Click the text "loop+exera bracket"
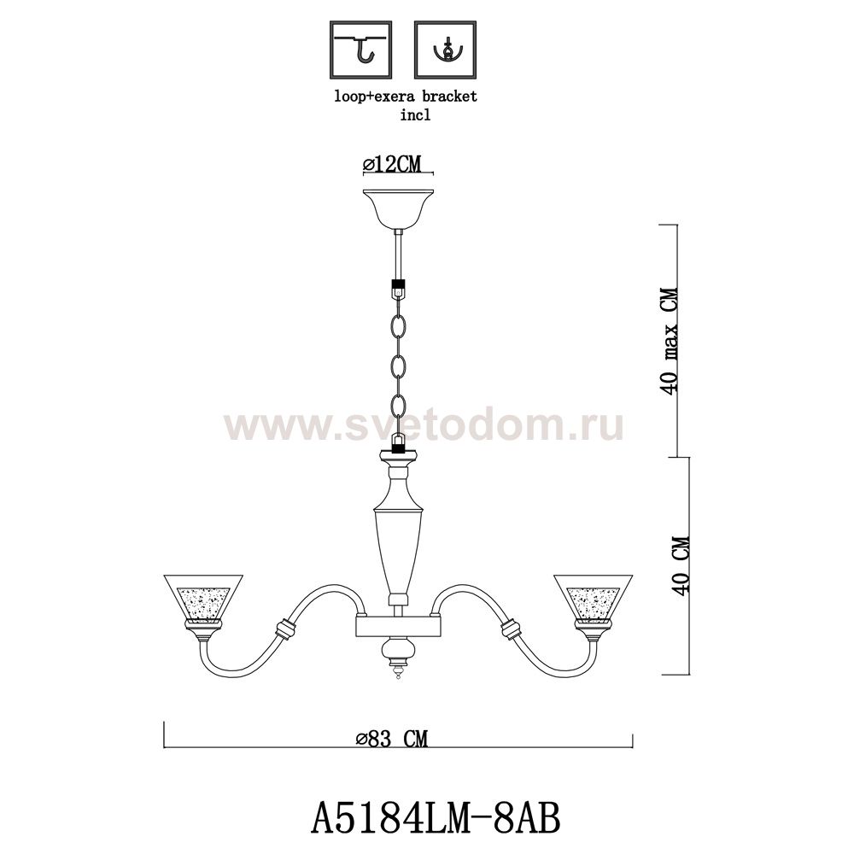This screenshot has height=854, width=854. pos(405,97)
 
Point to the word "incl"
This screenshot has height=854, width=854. pos(416,115)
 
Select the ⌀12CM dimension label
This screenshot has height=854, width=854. pos(392,163)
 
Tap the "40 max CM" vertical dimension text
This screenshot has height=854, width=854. pos(669,341)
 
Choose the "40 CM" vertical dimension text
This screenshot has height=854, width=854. pos(681,566)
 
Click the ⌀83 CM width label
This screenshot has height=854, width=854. pos(392,739)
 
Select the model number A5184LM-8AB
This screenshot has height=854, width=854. pos(435,819)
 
